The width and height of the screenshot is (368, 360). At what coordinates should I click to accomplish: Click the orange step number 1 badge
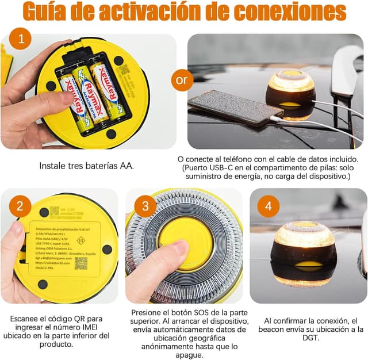[x=21, y=39]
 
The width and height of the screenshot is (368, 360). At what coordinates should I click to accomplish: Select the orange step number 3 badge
[x=145, y=206]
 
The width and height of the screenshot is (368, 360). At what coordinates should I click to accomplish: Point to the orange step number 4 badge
[x=268, y=206]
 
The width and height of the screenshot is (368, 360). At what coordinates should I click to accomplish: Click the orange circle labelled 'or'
[x=182, y=79]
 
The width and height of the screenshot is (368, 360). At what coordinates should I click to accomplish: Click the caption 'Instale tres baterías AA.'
[x=87, y=166]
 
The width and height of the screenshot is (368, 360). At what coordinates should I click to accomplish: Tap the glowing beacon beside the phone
[x=291, y=92]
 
